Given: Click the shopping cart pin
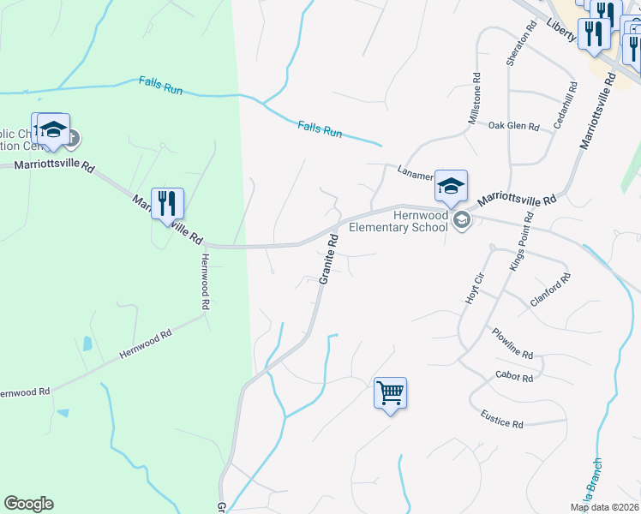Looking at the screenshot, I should pyautogui.click(x=390, y=393).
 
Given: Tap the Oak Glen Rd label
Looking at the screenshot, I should pyautogui.click(x=513, y=127).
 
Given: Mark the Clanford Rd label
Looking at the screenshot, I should pyautogui.click(x=550, y=290).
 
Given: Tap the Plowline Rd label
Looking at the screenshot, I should pyautogui.click(x=512, y=343).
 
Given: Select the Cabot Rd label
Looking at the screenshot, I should pyautogui.click(x=514, y=377).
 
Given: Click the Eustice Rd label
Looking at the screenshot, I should pyautogui.click(x=501, y=422).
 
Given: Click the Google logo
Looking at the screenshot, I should pyautogui.click(x=28, y=504).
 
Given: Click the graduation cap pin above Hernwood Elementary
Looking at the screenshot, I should pyautogui.click(x=451, y=186).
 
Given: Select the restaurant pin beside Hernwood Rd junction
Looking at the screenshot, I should pyautogui.click(x=167, y=204).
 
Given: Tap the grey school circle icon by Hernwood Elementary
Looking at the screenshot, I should pyautogui.click(x=462, y=220).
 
